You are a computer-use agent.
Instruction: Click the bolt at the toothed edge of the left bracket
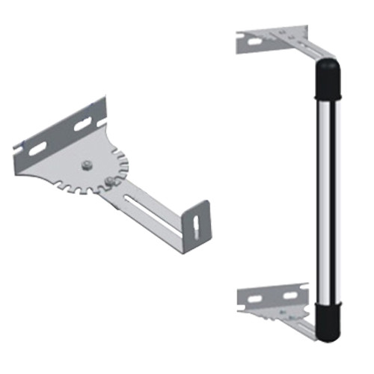111,180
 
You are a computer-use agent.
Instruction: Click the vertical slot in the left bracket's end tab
195,225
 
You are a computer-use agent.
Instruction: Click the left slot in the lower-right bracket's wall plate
254,298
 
